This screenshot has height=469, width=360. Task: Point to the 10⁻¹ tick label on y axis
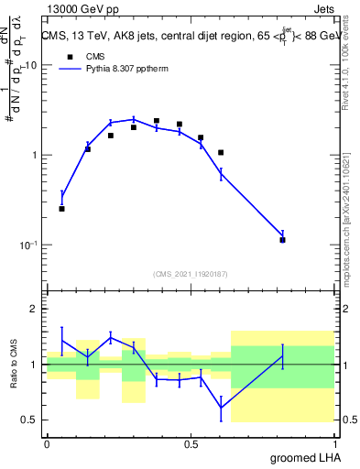(29, 245)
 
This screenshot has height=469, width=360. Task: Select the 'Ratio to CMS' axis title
(14, 365)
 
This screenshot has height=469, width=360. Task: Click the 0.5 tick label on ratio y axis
(29, 420)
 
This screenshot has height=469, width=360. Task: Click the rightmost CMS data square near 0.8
(283, 240)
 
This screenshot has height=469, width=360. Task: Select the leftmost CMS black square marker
(61, 209)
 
